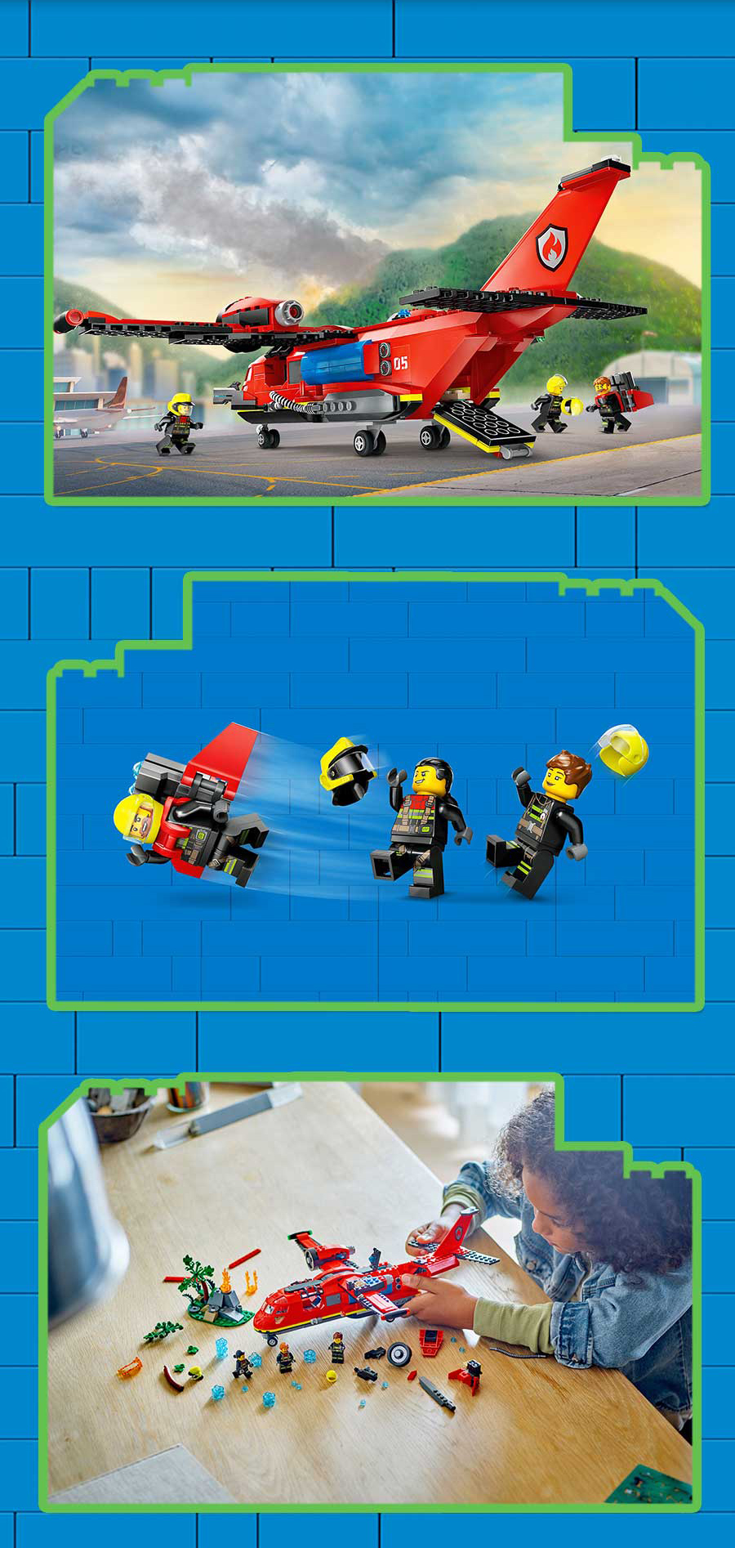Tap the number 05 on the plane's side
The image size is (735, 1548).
[x=400, y=362]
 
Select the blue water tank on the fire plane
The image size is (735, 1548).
[x=337, y=365]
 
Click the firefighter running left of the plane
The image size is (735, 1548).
[x=179, y=423]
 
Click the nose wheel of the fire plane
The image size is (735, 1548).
[x=267, y=437]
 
